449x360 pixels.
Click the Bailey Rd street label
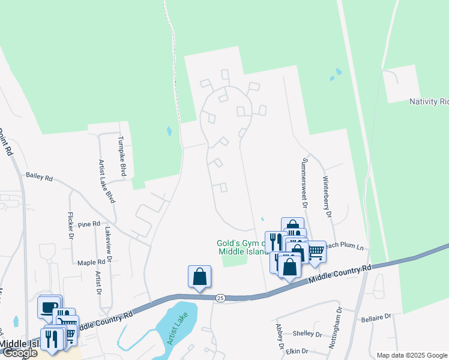point(39,178)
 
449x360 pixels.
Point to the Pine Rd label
point(89,224)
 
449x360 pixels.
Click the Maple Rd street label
point(91,262)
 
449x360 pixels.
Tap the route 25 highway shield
point(220,298)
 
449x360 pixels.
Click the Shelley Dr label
point(307,333)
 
